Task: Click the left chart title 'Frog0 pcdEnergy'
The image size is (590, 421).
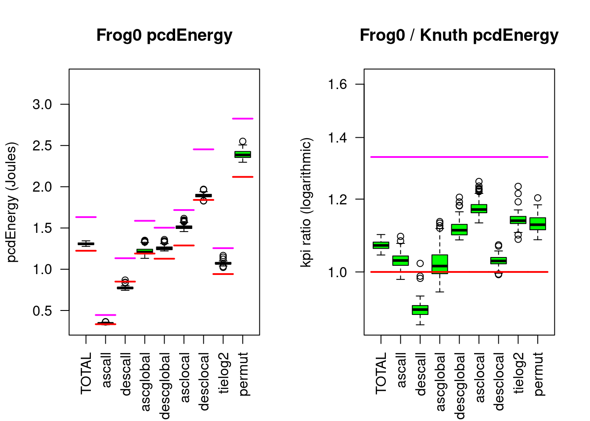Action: (164, 36)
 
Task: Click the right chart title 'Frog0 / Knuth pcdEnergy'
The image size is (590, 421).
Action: (459, 36)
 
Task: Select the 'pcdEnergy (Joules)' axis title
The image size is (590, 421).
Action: (12, 202)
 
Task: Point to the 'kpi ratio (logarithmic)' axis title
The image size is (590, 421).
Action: (306, 202)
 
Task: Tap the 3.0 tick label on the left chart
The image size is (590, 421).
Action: (42, 104)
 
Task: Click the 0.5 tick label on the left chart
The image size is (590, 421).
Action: (42, 311)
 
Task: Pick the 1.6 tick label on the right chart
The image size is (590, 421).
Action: (338, 84)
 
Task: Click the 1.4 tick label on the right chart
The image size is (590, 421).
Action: (338, 138)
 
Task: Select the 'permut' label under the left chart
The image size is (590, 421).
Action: (243, 373)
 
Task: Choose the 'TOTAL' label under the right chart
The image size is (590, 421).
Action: (381, 373)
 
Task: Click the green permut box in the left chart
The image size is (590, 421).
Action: (243, 154)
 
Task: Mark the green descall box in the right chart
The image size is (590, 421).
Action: (420, 310)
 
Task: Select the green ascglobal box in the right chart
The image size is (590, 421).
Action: (440, 264)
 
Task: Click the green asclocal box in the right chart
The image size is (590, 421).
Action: (479, 209)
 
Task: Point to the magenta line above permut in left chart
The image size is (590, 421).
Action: (243, 118)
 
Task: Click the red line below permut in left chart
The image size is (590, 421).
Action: (243, 177)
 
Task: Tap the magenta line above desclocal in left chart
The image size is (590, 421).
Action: (203, 150)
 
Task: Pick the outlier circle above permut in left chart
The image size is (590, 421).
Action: (243, 142)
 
